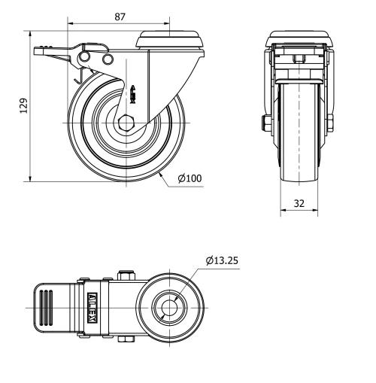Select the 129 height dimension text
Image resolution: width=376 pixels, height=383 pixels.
(x=23, y=105)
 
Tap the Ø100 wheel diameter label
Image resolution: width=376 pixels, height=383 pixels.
(x=190, y=178)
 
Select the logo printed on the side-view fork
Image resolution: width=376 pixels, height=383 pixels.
(x=134, y=93)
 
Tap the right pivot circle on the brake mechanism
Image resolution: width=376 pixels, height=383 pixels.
(x=108, y=59)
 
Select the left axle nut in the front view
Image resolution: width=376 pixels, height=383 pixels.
(x=267, y=122)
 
